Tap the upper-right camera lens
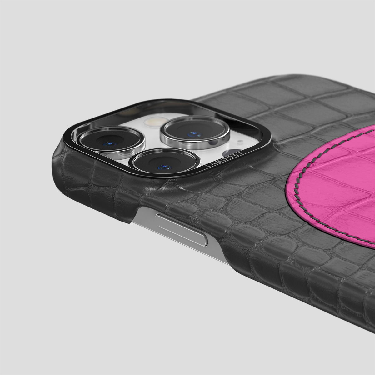pyautogui.click(x=195, y=131)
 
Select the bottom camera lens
pyautogui.click(x=165, y=162)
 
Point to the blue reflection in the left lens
pyautogui.click(x=110, y=144)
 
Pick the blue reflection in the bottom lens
pyautogui.click(x=164, y=167)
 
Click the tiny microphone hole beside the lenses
pyautogui.click(x=240, y=141)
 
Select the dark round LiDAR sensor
pyautogui.click(x=232, y=153)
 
